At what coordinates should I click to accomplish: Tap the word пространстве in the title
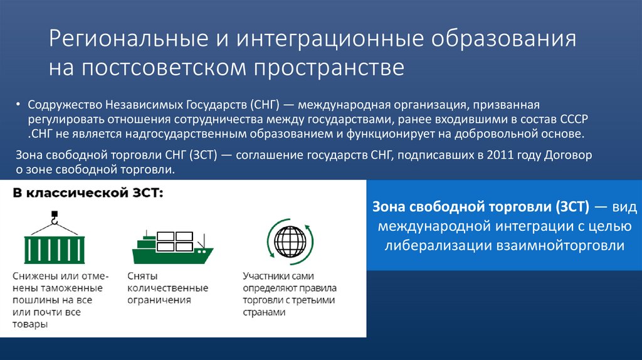pyautogui.click(x=329, y=68)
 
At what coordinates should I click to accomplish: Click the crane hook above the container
pyautogui.click(x=54, y=220)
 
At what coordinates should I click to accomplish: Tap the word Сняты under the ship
pyautogui.click(x=142, y=276)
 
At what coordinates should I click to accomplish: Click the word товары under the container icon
pyautogui.click(x=29, y=325)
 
